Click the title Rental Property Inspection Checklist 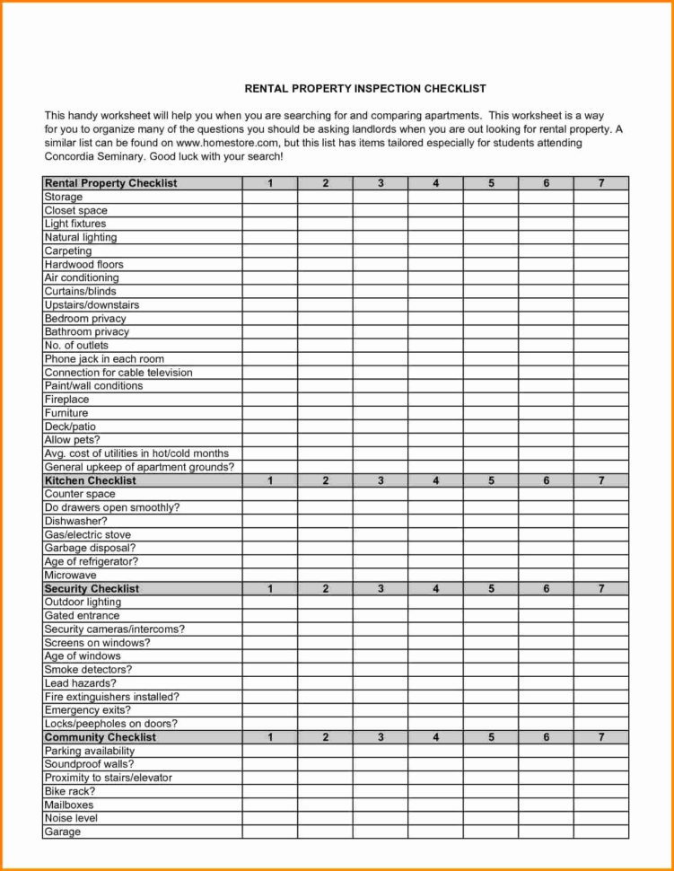[365, 89]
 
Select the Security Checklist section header [92, 589]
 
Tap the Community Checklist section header [100, 737]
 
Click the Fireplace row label [67, 400]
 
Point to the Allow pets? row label [72, 440]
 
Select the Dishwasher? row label [76, 521]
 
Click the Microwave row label [70, 575]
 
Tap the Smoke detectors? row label [88, 670]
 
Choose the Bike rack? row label [70, 791]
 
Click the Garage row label [63, 831]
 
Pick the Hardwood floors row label [84, 265]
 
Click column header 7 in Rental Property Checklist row [601, 183]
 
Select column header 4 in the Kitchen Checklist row [435, 480]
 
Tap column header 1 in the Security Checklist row [269, 589]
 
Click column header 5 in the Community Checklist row [491, 737]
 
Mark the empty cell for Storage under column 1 [269, 197]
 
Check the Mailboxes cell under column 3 [381, 805]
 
